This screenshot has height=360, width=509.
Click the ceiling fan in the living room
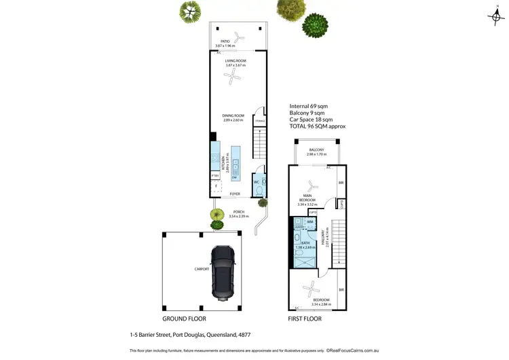(x=234, y=79)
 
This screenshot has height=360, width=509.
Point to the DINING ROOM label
(x=232, y=116)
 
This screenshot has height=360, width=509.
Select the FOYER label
(x=235, y=194)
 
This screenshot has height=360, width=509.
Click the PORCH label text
(x=238, y=212)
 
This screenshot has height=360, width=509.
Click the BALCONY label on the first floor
(x=316, y=149)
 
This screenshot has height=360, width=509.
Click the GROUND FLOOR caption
(x=184, y=318)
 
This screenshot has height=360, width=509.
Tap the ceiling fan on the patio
(x=236, y=36)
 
